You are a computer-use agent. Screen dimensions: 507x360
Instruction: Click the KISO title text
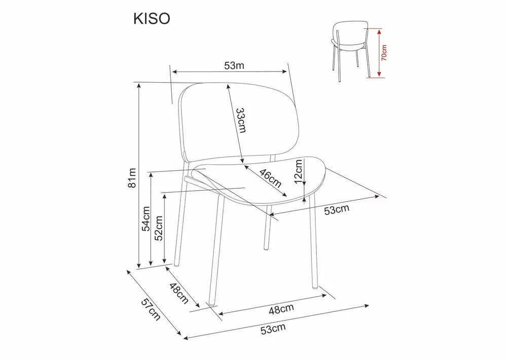click(152, 19)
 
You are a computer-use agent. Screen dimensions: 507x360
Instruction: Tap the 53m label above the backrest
click(234, 65)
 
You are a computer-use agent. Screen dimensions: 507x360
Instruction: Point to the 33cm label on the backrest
click(241, 120)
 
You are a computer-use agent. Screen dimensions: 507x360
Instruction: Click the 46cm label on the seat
click(270, 178)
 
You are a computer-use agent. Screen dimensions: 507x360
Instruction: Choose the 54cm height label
click(146, 219)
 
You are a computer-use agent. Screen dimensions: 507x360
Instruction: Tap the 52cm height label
click(159, 228)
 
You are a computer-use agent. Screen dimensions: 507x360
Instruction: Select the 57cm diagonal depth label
click(151, 309)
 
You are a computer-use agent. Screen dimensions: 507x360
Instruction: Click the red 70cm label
click(384, 53)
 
